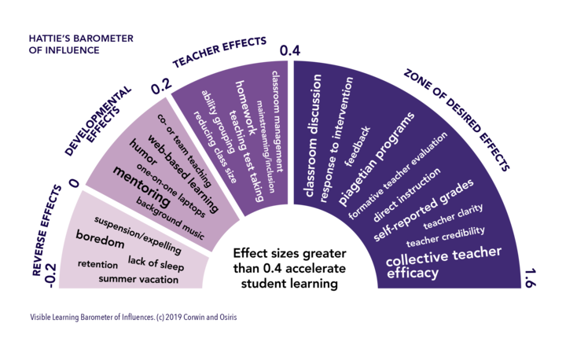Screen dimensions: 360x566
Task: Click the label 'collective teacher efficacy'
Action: pyautogui.click(x=434, y=266)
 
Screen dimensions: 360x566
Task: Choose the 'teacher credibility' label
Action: pyautogui.click(x=445, y=236)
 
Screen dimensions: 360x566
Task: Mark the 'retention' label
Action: pyautogui.click(x=98, y=264)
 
